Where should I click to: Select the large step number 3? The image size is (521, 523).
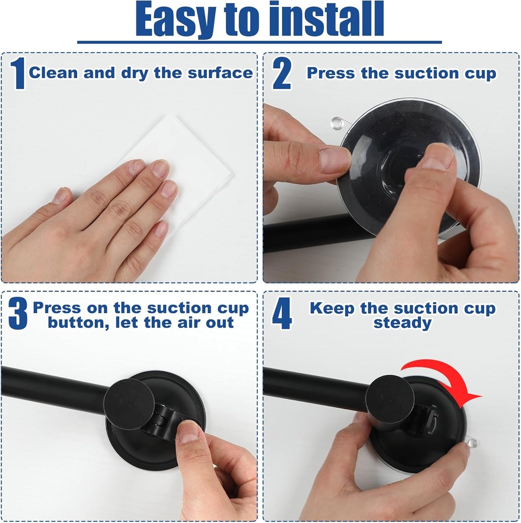point(18,314)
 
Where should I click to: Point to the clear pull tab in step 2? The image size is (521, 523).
point(337,123)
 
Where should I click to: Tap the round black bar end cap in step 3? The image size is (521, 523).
point(129,403)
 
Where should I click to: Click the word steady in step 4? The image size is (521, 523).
point(402,323)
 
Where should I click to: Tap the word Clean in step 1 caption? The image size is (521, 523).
point(54,73)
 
